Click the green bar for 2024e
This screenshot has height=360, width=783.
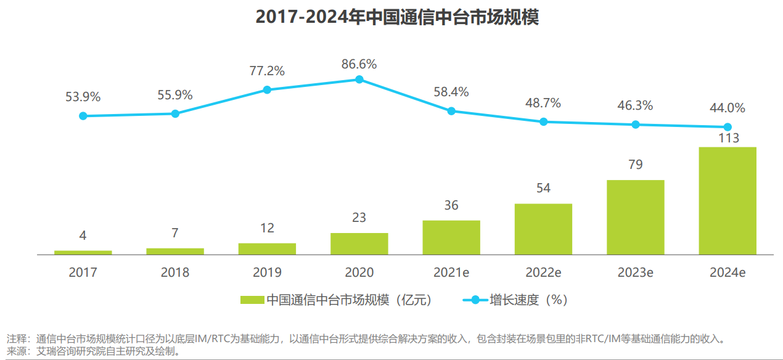pyautogui.click(x=727, y=200)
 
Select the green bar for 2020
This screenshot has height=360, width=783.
pyautogui.click(x=359, y=243)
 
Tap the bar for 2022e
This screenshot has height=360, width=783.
pyautogui.click(x=543, y=229)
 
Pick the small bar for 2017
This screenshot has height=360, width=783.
pyautogui.click(x=83, y=252)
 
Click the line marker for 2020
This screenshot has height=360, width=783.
pyautogui.click(x=359, y=80)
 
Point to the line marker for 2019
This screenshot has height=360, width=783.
pyautogui.click(x=267, y=89)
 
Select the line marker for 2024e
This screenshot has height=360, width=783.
pyautogui.click(x=727, y=127)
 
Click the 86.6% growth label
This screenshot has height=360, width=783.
pyautogui.click(x=359, y=64)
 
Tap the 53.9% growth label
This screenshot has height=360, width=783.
pyautogui.click(x=83, y=97)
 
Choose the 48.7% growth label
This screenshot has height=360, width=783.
pyautogui.click(x=543, y=103)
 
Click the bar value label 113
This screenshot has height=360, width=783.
pyautogui.click(x=728, y=138)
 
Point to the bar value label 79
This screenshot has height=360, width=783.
pyautogui.click(x=636, y=165)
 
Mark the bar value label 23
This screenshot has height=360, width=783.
pyautogui.click(x=359, y=218)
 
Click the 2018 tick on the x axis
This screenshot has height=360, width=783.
pyautogui.click(x=175, y=272)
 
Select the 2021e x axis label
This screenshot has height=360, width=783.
pyautogui.click(x=451, y=272)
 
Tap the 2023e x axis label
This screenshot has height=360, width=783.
pyautogui.click(x=636, y=272)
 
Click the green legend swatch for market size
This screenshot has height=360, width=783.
pyautogui.click(x=252, y=300)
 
